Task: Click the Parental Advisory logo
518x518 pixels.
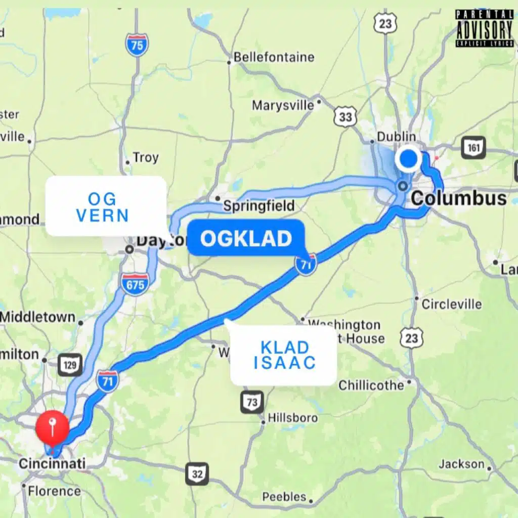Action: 484,28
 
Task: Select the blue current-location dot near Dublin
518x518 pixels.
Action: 408,159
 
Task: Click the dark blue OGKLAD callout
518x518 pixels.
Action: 246,238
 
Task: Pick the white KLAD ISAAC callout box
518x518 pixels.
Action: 284,355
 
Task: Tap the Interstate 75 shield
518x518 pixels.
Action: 137,45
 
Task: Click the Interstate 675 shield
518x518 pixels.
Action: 135,283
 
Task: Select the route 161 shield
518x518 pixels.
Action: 473,148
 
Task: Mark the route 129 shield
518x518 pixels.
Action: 70,365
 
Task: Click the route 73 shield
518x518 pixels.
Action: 252,402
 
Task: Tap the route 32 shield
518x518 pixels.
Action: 197,474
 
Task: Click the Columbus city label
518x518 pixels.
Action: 458,198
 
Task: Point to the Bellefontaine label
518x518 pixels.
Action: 274,57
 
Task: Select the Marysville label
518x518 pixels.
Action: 283,105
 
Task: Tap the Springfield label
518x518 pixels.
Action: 258,206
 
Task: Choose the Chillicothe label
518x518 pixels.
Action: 371,385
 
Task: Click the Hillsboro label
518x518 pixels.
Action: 292,418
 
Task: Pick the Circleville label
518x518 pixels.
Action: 452,304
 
